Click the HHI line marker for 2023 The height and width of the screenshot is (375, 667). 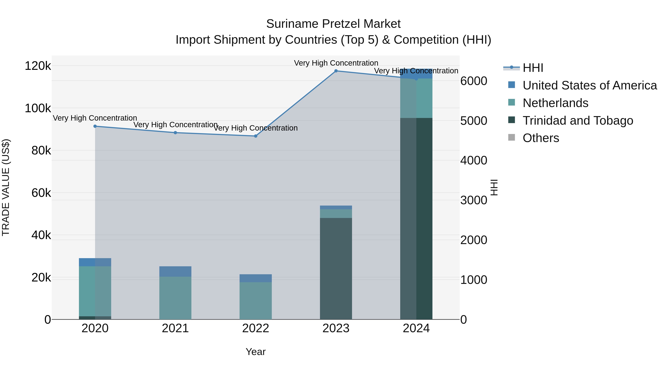pos(336,71)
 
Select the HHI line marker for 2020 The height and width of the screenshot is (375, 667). pos(95,126)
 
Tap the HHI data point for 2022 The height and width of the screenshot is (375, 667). pos(255,136)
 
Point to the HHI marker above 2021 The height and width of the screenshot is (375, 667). pos(175,133)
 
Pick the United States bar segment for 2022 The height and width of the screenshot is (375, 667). pos(255,278)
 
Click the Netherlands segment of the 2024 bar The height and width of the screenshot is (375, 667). pos(416,98)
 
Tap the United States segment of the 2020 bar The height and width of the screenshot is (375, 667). pos(95,262)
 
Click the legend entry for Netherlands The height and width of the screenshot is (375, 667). pos(555,103)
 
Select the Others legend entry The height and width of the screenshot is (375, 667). pos(541,138)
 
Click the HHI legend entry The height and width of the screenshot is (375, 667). pos(533,68)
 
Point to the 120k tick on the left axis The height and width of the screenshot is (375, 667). pos(38,66)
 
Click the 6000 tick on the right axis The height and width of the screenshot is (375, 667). pos(474,81)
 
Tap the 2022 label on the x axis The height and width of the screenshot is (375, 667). pos(255,328)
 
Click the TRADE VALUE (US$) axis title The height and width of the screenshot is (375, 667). pos(6,187)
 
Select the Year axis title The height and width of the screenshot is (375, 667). pos(255,352)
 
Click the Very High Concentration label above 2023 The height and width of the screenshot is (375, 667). pos(336,63)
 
